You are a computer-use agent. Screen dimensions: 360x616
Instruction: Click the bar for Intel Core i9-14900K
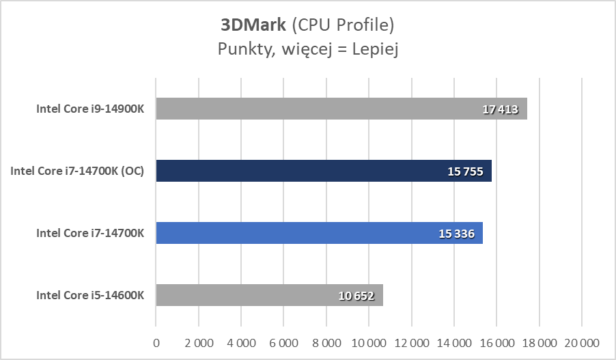[341, 109]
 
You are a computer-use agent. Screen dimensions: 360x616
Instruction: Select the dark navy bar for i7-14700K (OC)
[324, 171]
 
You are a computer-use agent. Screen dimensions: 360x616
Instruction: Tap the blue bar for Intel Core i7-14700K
[319, 233]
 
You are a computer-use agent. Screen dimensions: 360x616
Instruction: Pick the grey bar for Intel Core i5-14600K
[269, 295]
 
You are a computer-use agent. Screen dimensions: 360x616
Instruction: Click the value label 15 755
[466, 171]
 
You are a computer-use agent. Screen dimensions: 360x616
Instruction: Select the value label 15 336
[457, 234]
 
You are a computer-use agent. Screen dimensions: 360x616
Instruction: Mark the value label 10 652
[357, 296]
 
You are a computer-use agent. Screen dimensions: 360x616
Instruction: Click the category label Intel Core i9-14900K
[90, 109]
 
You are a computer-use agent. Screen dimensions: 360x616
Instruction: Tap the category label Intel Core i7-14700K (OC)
[77, 171]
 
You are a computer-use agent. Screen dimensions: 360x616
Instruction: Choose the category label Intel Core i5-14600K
[90, 295]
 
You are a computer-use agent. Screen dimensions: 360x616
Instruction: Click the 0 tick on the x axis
[156, 342]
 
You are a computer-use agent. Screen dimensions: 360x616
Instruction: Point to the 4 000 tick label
[241, 342]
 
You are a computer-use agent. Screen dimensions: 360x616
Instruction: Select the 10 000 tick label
[369, 342]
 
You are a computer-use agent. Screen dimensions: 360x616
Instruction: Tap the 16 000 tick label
[496, 342]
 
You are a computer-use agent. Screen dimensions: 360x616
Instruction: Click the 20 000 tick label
[581, 342]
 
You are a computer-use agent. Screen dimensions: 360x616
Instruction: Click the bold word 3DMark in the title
[253, 26]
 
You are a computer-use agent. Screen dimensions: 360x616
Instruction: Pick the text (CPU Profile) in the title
[343, 26]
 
